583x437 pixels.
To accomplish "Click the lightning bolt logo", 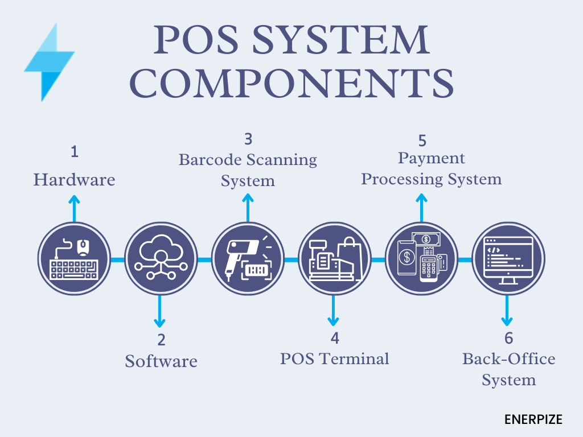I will pos(49,63).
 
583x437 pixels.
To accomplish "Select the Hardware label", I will pos(74,180).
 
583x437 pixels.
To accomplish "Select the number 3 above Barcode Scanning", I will pos(248,139).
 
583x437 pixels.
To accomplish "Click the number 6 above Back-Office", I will pos(508,338).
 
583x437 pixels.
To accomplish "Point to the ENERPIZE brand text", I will pos(533,420).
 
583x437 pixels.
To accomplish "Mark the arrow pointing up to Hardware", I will pos(74,207).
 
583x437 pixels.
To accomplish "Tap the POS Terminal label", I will pos(335,358).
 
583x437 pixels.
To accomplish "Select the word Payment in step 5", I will pos(432,158).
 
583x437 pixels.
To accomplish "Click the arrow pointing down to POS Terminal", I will pos(335,311).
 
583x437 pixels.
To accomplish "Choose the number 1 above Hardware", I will pos(74,152).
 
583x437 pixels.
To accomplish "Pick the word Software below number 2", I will pos(161,361).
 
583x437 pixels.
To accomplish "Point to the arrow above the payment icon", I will pos(421,207).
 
